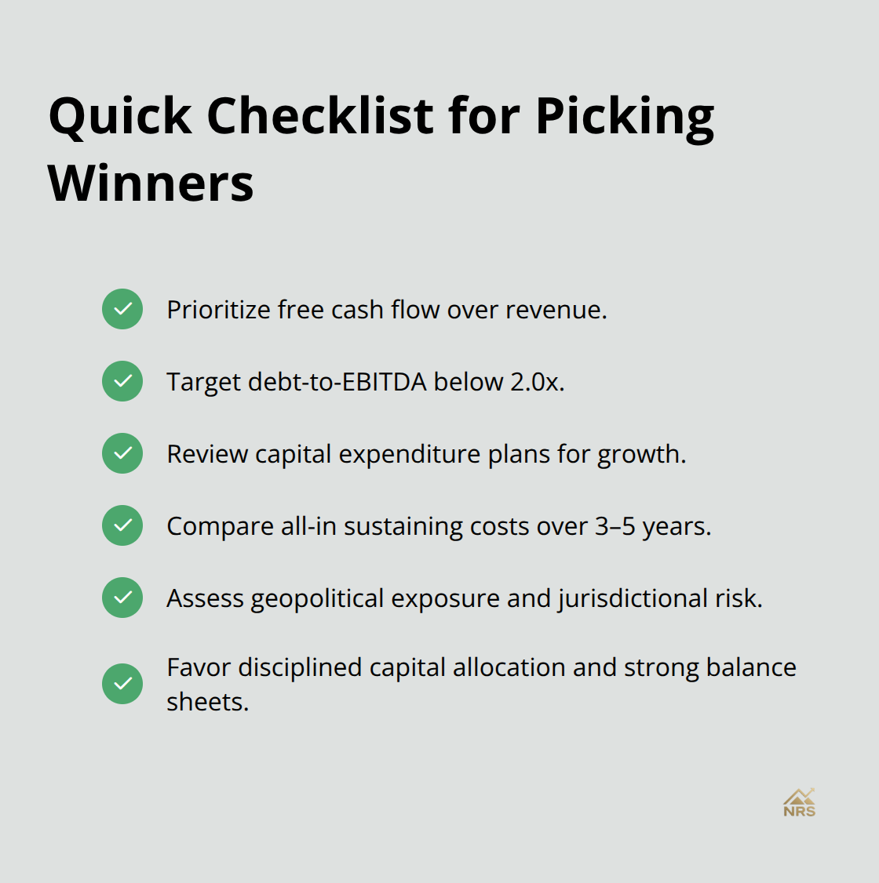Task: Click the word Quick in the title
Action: point(120,116)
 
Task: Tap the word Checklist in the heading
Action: point(319,116)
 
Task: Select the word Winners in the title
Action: point(151,184)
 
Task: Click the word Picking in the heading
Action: point(625,116)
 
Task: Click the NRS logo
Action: point(799,803)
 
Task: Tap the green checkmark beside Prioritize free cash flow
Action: point(122,309)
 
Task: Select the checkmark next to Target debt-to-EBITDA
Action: point(122,381)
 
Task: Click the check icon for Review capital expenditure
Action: point(122,453)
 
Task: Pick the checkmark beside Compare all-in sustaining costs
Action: point(122,525)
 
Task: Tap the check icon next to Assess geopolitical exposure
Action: point(122,598)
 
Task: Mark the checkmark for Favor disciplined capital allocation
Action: point(122,684)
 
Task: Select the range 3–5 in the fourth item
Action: point(615,526)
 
